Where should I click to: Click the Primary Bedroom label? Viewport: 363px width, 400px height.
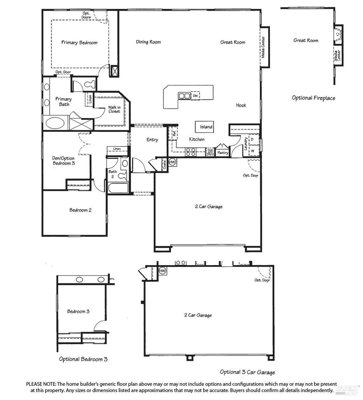click(79, 43)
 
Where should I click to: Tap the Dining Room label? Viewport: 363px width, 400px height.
click(148, 42)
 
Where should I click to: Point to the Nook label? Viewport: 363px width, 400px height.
click(241, 105)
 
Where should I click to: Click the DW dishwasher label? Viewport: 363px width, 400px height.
click(195, 96)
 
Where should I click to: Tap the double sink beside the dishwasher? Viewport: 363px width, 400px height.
click(184, 96)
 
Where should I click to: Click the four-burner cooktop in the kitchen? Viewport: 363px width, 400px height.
click(190, 152)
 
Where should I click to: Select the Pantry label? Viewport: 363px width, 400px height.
click(223, 153)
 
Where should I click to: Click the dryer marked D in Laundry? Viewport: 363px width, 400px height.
click(252, 140)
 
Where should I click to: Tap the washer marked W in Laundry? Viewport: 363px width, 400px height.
click(252, 151)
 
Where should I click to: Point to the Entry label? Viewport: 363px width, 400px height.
click(152, 140)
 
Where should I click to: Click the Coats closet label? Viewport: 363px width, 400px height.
click(164, 165)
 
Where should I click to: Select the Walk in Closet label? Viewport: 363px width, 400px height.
click(114, 109)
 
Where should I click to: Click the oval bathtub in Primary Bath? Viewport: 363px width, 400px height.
click(55, 123)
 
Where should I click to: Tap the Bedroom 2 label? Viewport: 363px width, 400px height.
click(81, 210)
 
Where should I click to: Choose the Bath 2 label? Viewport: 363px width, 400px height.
click(113, 174)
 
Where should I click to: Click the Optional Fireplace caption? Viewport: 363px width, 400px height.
click(313, 98)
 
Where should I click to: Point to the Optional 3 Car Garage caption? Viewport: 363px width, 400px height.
click(247, 372)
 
